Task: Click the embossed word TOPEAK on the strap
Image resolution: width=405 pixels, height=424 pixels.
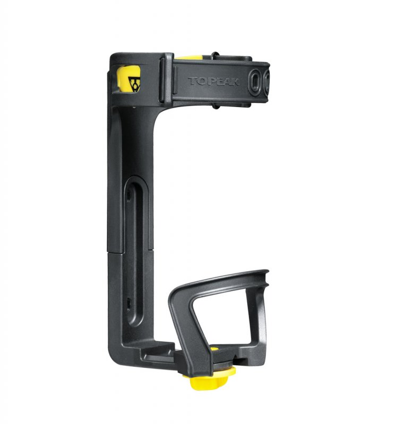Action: pyautogui.click(x=213, y=82)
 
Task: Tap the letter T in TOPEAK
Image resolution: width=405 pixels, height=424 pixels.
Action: pyautogui.click(x=192, y=82)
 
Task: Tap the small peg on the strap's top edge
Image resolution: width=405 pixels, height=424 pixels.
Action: pyautogui.click(x=214, y=55)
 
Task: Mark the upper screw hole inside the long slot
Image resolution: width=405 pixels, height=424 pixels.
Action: pyautogui.click(x=128, y=197)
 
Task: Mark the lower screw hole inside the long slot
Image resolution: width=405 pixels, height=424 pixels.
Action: pyautogui.click(x=128, y=303)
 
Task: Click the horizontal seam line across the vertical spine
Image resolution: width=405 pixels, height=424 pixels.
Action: pyautogui.click(x=130, y=251)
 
